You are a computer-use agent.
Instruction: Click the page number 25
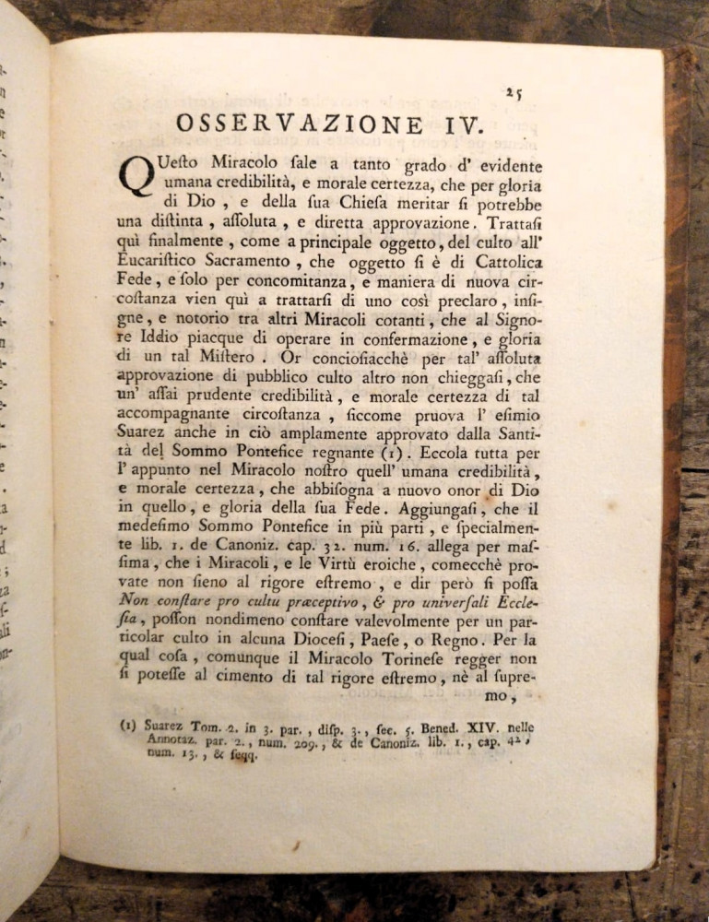pyautogui.click(x=514, y=92)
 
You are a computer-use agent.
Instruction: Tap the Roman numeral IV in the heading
pyautogui.click(x=450, y=125)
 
